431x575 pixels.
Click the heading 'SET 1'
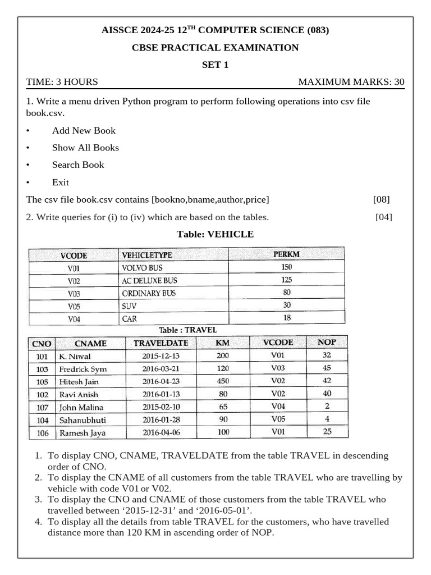coord(215,65)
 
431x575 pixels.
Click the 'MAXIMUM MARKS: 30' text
coord(351,82)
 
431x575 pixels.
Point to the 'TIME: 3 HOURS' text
coord(62,82)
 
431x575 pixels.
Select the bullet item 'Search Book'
coord(78,165)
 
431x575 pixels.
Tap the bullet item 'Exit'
coord(61,182)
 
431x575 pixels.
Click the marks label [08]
coord(381,199)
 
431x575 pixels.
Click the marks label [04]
coord(384,217)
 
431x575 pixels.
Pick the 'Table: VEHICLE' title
coord(215,234)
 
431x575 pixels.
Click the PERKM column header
coord(287,254)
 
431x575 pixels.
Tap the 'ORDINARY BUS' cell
coord(149,293)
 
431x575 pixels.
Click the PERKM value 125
coord(287,280)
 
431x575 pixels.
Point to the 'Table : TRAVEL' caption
coord(187,330)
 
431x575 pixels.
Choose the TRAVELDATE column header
coord(161,343)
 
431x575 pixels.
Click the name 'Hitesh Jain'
coord(79,382)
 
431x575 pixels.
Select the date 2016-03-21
coord(161,369)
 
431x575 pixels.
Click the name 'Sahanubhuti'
coord(82,420)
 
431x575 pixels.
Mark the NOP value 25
coord(327,432)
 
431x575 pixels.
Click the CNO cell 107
coord(42,407)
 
